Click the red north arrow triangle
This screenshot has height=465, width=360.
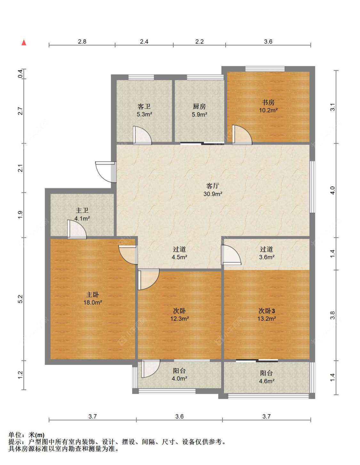click(24, 43)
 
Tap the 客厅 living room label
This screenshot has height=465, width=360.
click(212, 186)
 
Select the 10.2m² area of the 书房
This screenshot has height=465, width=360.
click(268, 110)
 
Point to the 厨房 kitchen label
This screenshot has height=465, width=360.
click(199, 106)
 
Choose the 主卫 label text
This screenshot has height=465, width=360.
click(82, 210)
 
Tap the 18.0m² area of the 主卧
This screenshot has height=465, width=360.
click(93, 303)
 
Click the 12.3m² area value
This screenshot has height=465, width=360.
click(179, 319)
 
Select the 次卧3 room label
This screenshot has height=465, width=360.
click(267, 311)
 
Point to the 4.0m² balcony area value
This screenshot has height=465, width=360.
click(179, 379)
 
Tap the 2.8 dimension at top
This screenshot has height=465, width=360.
click(82, 42)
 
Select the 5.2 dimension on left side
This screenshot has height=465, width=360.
click(20, 299)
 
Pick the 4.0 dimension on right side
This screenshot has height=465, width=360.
click(332, 191)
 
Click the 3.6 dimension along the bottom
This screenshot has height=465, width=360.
click(179, 416)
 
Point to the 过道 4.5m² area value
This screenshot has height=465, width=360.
click(179, 257)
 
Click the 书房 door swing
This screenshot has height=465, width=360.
click(242, 135)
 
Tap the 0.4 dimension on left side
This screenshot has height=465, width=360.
click(20, 74)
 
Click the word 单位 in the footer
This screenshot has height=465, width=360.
click(15, 435)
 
